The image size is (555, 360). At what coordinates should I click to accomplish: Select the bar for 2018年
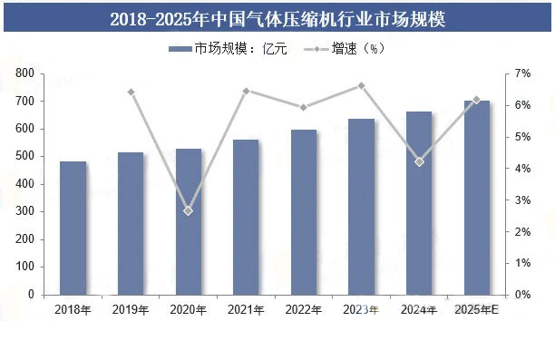pos(73,229)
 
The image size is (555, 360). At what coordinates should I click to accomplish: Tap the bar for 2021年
pos(246,217)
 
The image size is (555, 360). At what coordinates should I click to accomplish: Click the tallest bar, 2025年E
pos(476,198)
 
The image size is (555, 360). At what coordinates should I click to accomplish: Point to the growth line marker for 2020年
pos(188,210)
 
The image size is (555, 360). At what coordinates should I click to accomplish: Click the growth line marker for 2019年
pos(131,92)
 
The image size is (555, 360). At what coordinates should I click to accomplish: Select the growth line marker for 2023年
pos(361,86)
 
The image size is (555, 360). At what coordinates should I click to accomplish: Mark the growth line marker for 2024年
pos(419,161)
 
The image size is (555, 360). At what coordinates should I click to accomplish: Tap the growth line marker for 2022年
pos(303,107)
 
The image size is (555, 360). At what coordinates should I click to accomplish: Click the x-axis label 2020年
pos(188,310)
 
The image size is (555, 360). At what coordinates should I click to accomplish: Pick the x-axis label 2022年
pos(303,310)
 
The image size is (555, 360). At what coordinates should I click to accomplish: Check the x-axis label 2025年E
pos(476,310)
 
